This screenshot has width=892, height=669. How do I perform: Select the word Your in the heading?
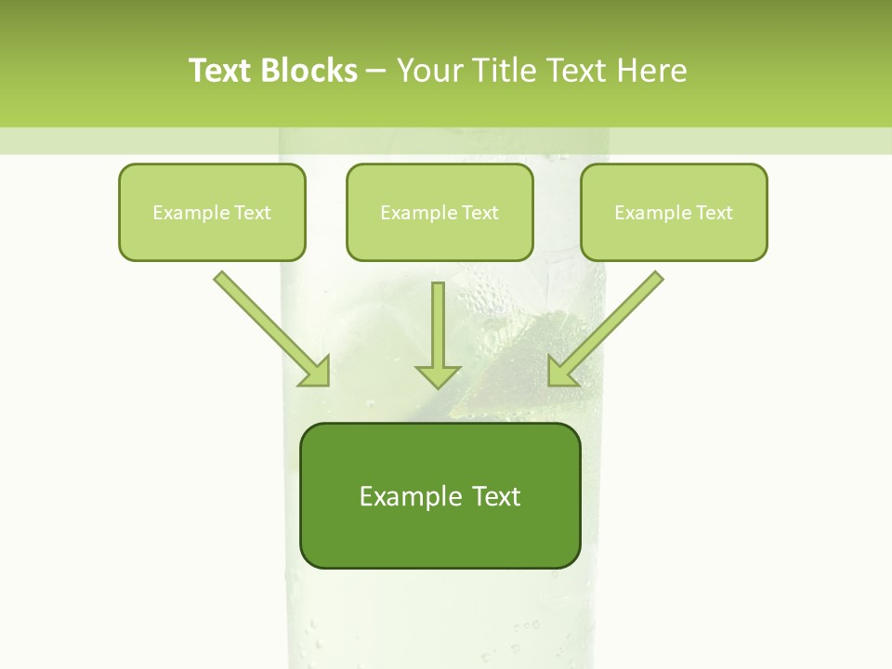(429, 70)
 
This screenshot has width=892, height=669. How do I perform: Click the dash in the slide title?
(376, 71)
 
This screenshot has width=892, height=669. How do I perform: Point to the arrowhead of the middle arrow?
(438, 375)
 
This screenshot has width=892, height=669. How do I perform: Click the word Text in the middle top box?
(479, 213)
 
